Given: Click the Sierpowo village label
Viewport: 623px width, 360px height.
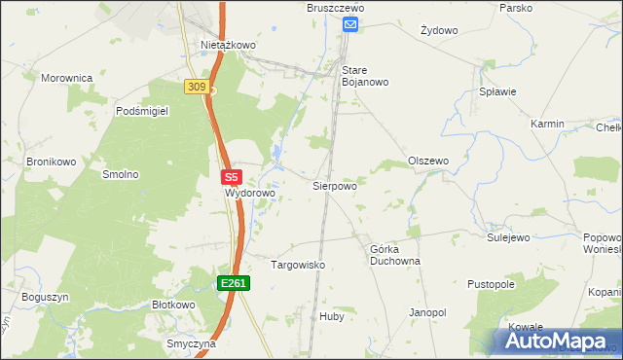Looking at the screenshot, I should [334, 185].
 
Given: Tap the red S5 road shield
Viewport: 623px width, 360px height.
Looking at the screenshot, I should [231, 178].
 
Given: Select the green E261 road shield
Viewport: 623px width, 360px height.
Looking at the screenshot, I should [234, 283].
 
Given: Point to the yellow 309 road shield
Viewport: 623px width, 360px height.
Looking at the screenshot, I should [196, 88].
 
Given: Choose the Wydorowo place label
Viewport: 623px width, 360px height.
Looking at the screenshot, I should [250, 193].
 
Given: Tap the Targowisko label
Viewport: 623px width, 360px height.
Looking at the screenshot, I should [297, 265].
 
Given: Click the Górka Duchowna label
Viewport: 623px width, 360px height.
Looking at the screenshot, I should [394, 255].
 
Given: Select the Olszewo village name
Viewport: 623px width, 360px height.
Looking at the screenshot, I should [427, 162].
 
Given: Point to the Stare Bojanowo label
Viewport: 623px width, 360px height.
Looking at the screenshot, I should [365, 76].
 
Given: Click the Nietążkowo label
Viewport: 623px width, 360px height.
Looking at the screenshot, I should [228, 45].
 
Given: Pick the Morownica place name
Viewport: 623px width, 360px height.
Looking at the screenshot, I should [66, 77].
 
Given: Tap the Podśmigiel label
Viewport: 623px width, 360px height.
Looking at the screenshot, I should [142, 112].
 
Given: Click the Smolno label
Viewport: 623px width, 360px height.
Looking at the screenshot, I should [121, 175].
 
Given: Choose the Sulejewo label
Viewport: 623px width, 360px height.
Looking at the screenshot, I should [507, 236].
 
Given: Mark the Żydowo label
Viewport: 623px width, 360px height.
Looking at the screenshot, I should [439, 30].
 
